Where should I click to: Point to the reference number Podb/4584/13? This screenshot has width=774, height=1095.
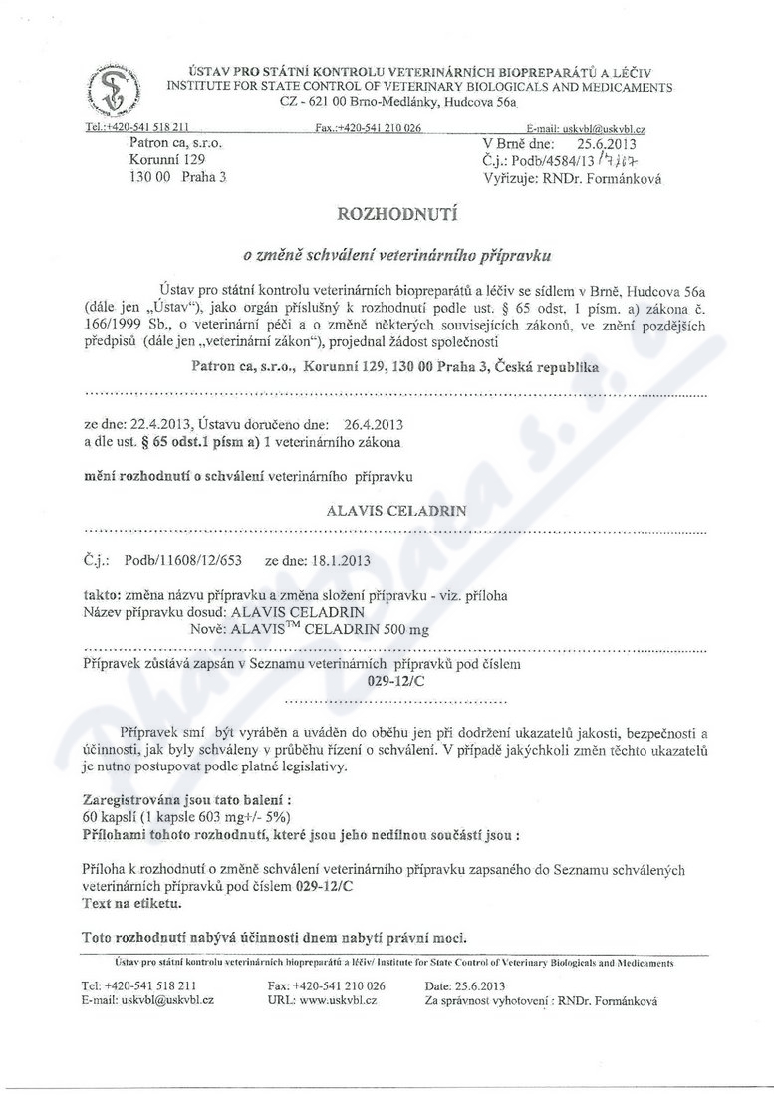coord(556,161)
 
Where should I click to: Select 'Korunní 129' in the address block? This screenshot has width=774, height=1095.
coord(166,160)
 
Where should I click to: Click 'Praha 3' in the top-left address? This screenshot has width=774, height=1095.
coord(201,177)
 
